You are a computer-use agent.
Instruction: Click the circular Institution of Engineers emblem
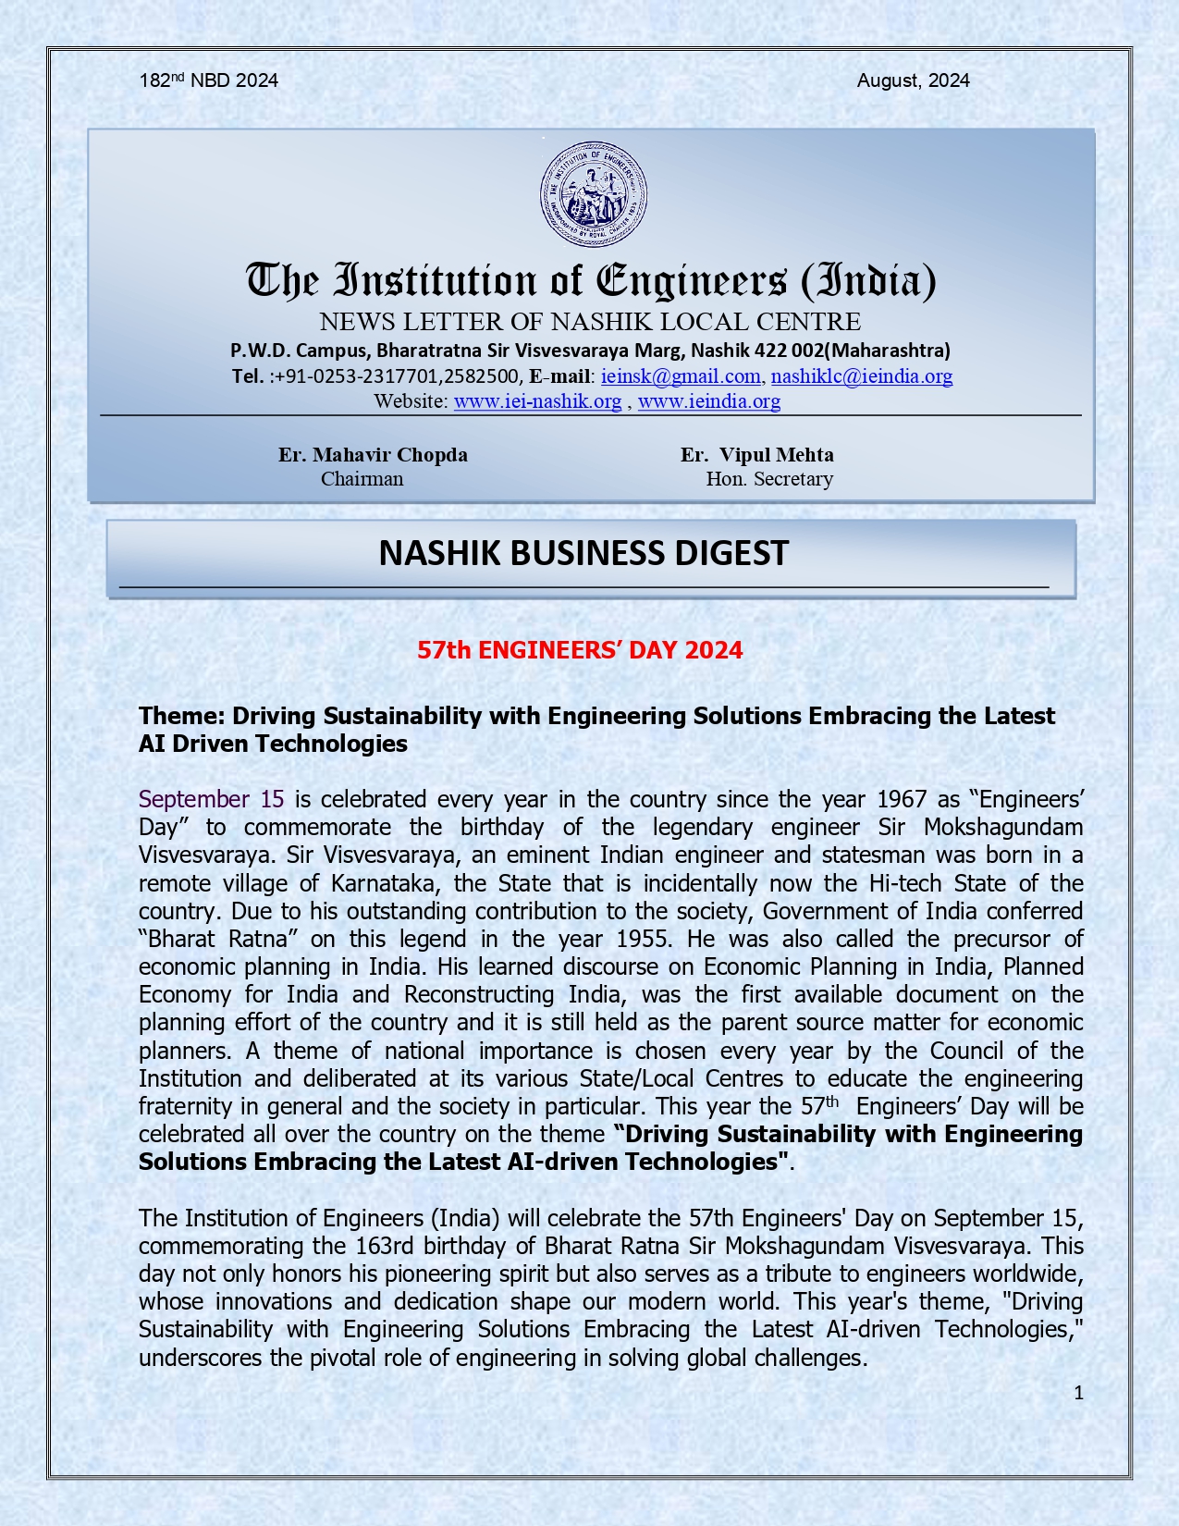(x=593, y=195)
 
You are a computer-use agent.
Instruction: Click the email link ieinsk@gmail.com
(x=681, y=376)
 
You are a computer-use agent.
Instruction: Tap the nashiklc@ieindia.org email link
(x=861, y=376)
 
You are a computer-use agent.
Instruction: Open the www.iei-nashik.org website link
(x=537, y=401)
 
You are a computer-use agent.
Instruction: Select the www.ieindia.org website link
(x=709, y=401)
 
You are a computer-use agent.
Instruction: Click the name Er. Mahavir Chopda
(x=373, y=455)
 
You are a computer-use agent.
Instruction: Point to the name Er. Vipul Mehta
(x=757, y=455)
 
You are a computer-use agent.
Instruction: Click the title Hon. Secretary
(x=769, y=479)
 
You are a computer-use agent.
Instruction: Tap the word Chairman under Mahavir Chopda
(x=362, y=479)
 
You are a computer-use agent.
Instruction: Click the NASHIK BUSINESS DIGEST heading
(x=583, y=553)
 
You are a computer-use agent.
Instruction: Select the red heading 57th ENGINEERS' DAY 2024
(x=580, y=650)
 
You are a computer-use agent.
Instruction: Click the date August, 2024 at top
(x=913, y=80)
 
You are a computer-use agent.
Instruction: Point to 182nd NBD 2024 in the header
(x=208, y=80)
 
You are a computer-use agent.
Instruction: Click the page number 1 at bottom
(x=1078, y=1393)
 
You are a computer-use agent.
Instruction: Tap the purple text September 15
(x=211, y=799)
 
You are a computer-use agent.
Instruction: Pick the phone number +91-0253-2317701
(x=357, y=376)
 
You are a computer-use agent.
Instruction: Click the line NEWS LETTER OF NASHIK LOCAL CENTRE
(x=590, y=322)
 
